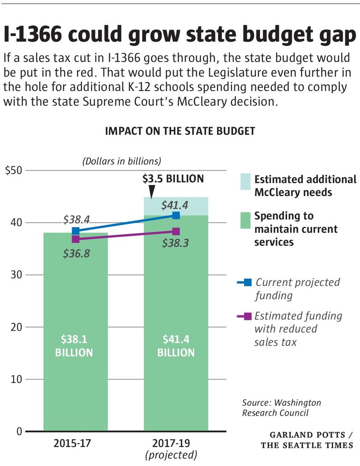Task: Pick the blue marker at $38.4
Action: tap(76, 231)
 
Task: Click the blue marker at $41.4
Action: tap(176, 215)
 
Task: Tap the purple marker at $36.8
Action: tap(76, 239)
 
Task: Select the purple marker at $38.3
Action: tap(176, 231)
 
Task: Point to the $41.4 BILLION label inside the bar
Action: tap(176, 345)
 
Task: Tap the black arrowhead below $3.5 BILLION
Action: tap(152, 192)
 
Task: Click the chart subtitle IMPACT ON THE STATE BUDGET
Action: tap(180, 131)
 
